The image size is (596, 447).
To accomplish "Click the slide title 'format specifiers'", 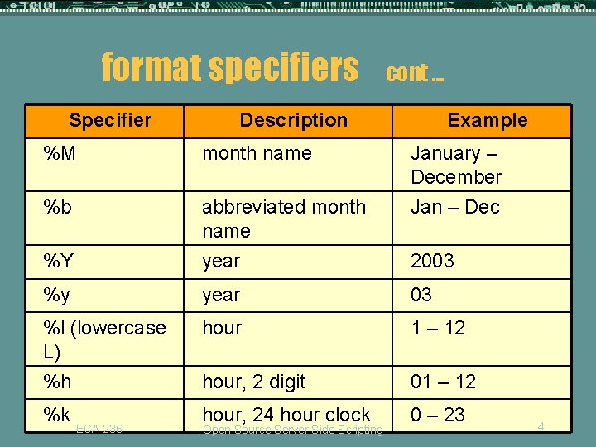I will coord(229,67).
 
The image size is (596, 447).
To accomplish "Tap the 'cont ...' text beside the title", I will coord(415,73).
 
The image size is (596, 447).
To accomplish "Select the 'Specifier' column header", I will coord(110,120).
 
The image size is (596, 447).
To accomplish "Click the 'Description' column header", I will coord(293,120).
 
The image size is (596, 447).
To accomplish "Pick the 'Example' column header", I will coord(487,120).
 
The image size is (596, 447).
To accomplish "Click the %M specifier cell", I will coord(61,153).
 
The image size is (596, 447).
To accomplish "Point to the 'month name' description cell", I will coord(257,153).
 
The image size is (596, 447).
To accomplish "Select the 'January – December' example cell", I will coord(456,165).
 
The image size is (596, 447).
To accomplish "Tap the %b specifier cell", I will coord(57,206).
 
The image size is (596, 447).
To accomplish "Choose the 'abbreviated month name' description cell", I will coord(283,218).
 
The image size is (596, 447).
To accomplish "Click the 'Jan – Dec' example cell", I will coord(455,206).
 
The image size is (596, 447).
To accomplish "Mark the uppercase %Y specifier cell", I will coord(59,261).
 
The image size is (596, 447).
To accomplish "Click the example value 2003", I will coord(432,261).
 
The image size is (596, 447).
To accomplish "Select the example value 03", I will coord(421,295).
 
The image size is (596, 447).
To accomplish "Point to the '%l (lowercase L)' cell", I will coord(103,339).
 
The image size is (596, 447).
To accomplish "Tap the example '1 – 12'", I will coord(438,328).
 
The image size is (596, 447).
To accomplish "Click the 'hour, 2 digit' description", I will coord(253,382).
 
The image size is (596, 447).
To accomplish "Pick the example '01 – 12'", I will coord(443,382).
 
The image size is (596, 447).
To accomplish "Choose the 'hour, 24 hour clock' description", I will coord(286,414).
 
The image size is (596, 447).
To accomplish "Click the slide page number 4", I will coord(541,425).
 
